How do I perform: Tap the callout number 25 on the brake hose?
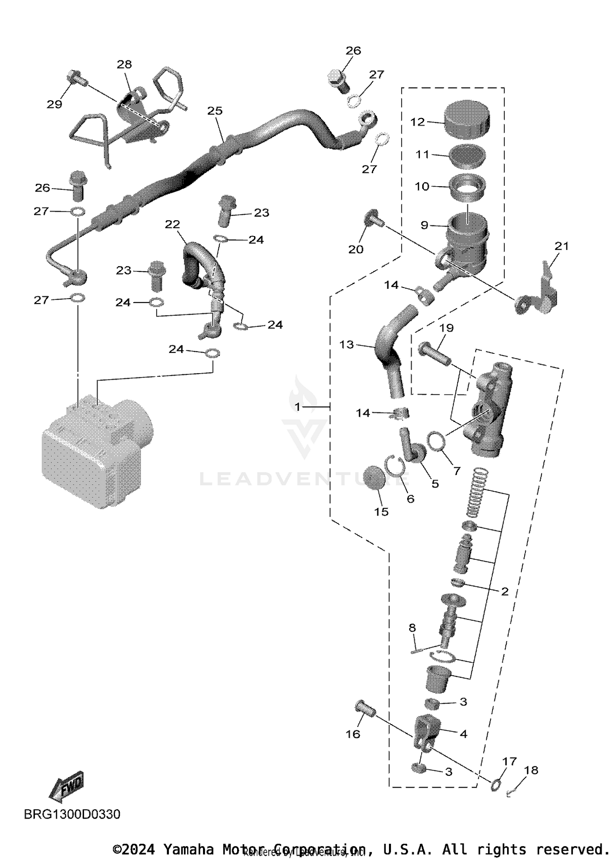pos(215,111)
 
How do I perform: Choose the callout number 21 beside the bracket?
pos(562,246)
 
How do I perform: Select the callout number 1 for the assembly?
pos(298,406)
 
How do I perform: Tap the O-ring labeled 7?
pos(437,441)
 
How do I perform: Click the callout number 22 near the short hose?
pos(173,224)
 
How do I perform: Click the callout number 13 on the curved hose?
pos(346,345)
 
